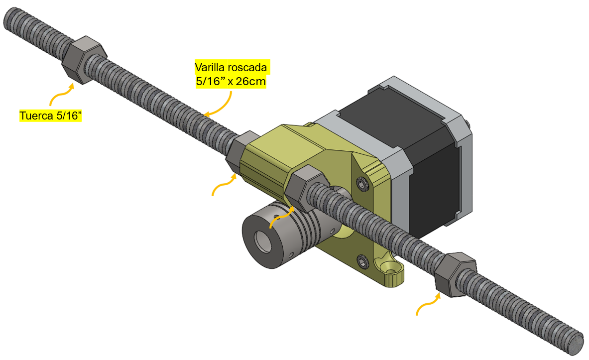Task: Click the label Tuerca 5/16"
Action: click(50, 116)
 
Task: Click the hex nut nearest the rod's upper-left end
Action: click(82, 60)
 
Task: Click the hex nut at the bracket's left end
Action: click(239, 151)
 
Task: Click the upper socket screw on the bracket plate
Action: click(362, 184)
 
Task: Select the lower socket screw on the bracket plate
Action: click(362, 261)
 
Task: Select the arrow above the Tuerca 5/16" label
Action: click(60, 94)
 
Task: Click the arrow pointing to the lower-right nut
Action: click(429, 304)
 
